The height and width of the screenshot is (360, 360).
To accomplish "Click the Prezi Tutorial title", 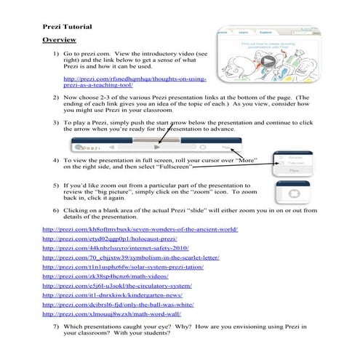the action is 67,26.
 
